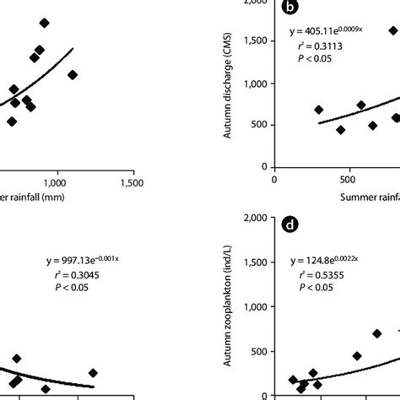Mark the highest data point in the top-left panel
pyautogui.click(x=45, y=23)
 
